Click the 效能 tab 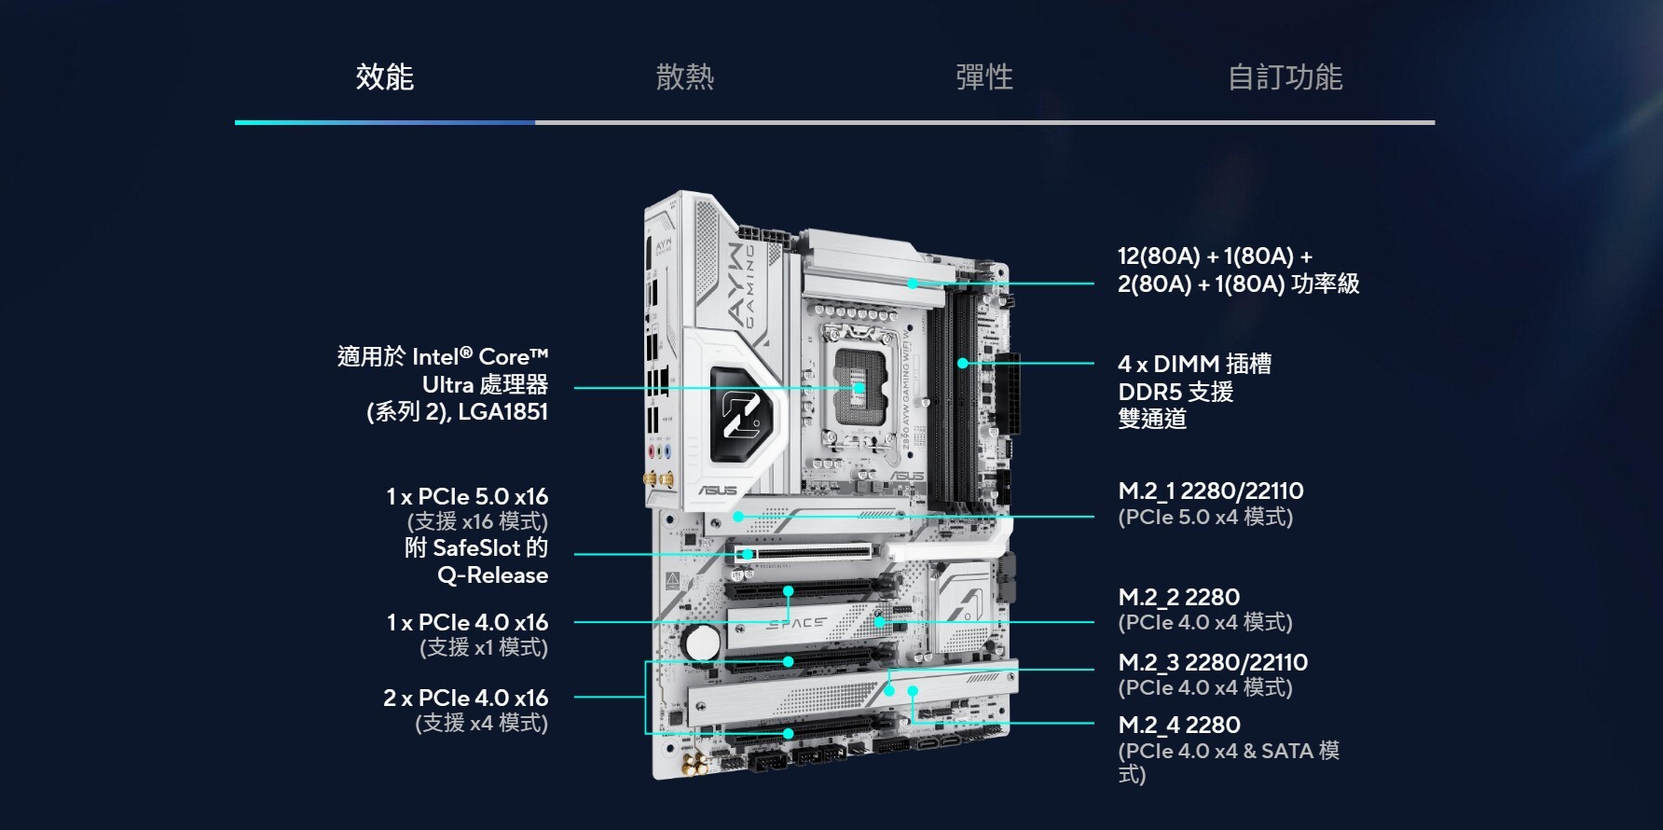coord(385,76)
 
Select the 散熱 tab coord(685,76)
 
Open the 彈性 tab coord(984,76)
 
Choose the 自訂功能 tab coord(1285,76)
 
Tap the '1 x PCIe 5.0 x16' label coord(467,496)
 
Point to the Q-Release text coord(493,575)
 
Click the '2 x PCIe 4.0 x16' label coord(466,698)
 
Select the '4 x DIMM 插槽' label coord(1195,364)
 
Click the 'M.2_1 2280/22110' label coord(1211,491)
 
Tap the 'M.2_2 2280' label coord(1179,597)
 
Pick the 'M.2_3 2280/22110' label coord(1213,662)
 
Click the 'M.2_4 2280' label coord(1179,725)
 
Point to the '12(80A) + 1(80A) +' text coord(1215,256)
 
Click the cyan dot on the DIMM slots coord(962,363)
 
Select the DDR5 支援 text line coord(1175,392)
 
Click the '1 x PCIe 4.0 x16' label coord(467,622)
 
